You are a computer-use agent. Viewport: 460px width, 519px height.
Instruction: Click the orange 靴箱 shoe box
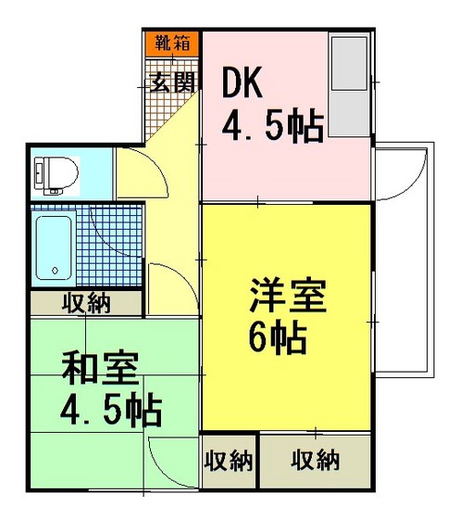(171, 43)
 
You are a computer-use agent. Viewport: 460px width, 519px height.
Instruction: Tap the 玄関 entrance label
(171, 82)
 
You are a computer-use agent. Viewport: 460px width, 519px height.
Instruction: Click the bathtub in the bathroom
(54, 246)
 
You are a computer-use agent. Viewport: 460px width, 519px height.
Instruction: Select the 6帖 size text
(277, 340)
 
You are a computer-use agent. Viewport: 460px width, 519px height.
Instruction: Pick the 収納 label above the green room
(85, 303)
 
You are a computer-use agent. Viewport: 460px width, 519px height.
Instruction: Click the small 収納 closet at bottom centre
(229, 460)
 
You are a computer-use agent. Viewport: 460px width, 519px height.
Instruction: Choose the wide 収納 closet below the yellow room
(315, 460)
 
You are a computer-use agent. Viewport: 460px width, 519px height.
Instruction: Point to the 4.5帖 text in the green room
(109, 408)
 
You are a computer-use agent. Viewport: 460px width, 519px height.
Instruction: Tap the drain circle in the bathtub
(56, 271)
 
